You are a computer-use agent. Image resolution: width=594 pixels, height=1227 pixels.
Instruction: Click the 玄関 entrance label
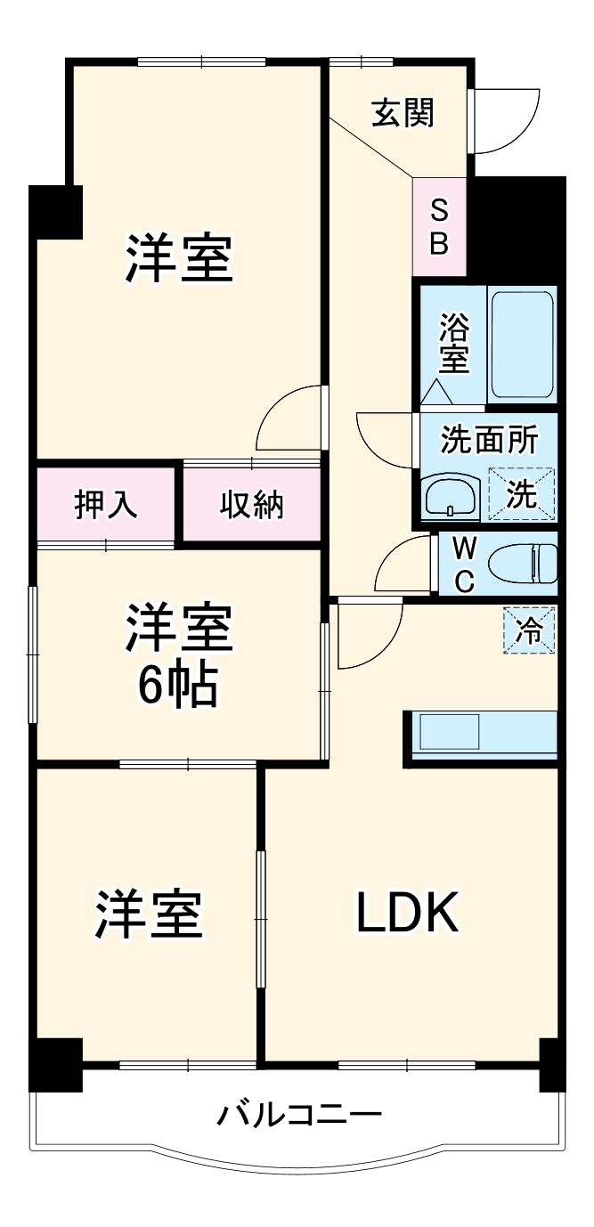coord(403,113)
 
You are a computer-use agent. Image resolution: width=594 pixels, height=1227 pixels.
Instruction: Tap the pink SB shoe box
coord(439,226)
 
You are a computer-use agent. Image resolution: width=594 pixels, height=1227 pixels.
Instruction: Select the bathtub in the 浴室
coord(522,345)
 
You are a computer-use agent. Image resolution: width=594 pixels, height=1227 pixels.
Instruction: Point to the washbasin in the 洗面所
coord(451,496)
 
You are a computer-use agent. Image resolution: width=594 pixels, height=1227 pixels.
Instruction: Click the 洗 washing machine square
coord(521,493)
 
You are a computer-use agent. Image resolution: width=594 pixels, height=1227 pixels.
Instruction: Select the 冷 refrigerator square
coord(529,630)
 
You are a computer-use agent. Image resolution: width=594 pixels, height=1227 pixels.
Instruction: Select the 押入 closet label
coord(105,504)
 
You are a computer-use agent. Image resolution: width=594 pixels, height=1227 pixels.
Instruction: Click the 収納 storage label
coord(252,504)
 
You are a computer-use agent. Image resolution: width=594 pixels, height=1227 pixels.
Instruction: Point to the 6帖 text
coord(177,684)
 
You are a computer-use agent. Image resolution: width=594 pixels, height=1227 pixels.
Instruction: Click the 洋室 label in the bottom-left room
coord(150,913)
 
